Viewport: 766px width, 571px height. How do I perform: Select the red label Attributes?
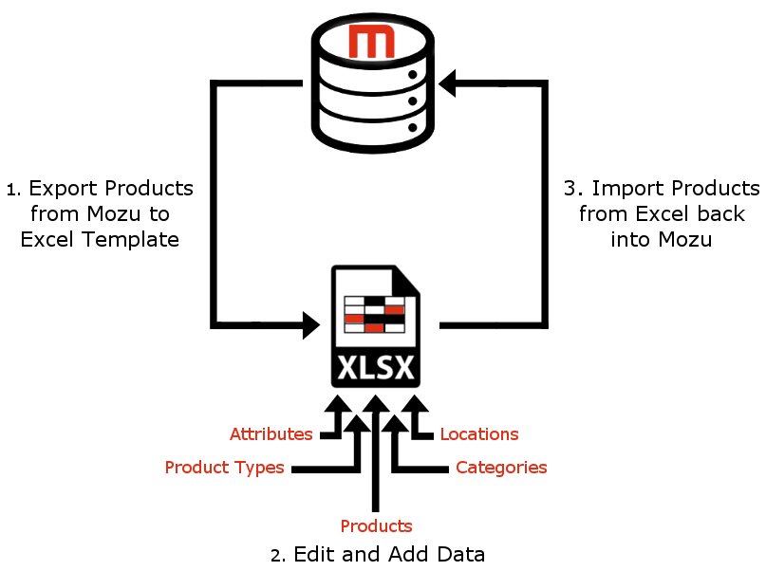[x=271, y=434]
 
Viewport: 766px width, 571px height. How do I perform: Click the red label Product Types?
[x=224, y=468]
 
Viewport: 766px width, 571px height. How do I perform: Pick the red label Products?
[x=376, y=526]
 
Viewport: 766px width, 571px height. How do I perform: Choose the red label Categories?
[x=501, y=468]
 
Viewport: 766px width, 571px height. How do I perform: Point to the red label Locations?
[x=478, y=434]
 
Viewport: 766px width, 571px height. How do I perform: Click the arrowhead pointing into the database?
[x=446, y=84]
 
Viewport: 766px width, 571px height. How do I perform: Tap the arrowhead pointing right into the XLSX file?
[x=312, y=325]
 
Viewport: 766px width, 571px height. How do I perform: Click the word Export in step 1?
[x=64, y=188]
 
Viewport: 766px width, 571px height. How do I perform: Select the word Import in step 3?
[x=624, y=188]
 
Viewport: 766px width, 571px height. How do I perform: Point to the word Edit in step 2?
[x=312, y=554]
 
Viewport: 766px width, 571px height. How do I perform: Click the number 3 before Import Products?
[x=570, y=188]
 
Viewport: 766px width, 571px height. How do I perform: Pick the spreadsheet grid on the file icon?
[x=374, y=314]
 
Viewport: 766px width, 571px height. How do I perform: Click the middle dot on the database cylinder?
[x=413, y=98]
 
